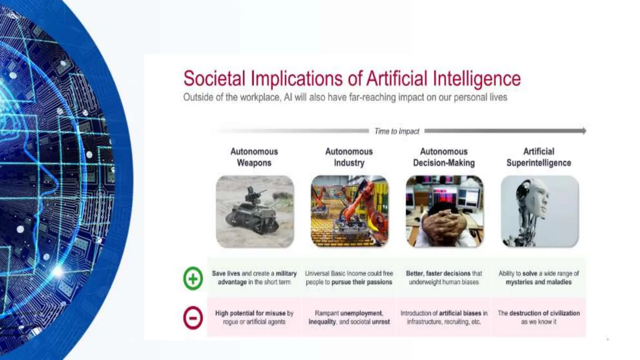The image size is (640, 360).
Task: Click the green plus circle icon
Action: coord(193,278)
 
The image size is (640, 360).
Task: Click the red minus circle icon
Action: coord(193,318)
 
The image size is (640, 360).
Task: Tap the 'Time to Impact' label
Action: coord(397,131)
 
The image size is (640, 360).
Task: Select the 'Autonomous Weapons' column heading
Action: coord(254,157)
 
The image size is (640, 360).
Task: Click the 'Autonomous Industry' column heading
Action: coord(349,157)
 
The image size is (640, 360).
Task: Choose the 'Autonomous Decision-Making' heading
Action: coord(444,157)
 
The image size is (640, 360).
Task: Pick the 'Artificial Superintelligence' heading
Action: coord(539,157)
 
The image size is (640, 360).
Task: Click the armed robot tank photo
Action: coord(255,212)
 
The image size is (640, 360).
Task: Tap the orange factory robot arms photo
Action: coord(349,212)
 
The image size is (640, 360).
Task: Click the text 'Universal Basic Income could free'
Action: coord(349,273)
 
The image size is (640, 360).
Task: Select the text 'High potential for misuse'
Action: coord(250,313)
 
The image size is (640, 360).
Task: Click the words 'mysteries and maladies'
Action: coord(538,282)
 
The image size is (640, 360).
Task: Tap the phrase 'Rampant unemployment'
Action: coord(349,313)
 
